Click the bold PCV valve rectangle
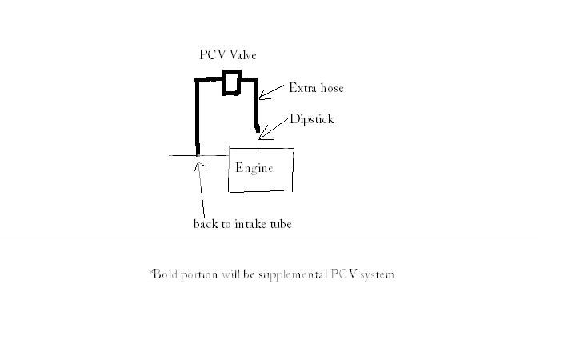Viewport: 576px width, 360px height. pos(231,82)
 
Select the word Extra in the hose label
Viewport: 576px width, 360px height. pos(301,88)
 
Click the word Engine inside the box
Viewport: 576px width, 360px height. pos(254,168)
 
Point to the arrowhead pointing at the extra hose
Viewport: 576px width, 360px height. pos(264,96)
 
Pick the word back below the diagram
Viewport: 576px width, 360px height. pos(206,224)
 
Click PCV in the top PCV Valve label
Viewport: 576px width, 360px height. pos(211,55)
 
